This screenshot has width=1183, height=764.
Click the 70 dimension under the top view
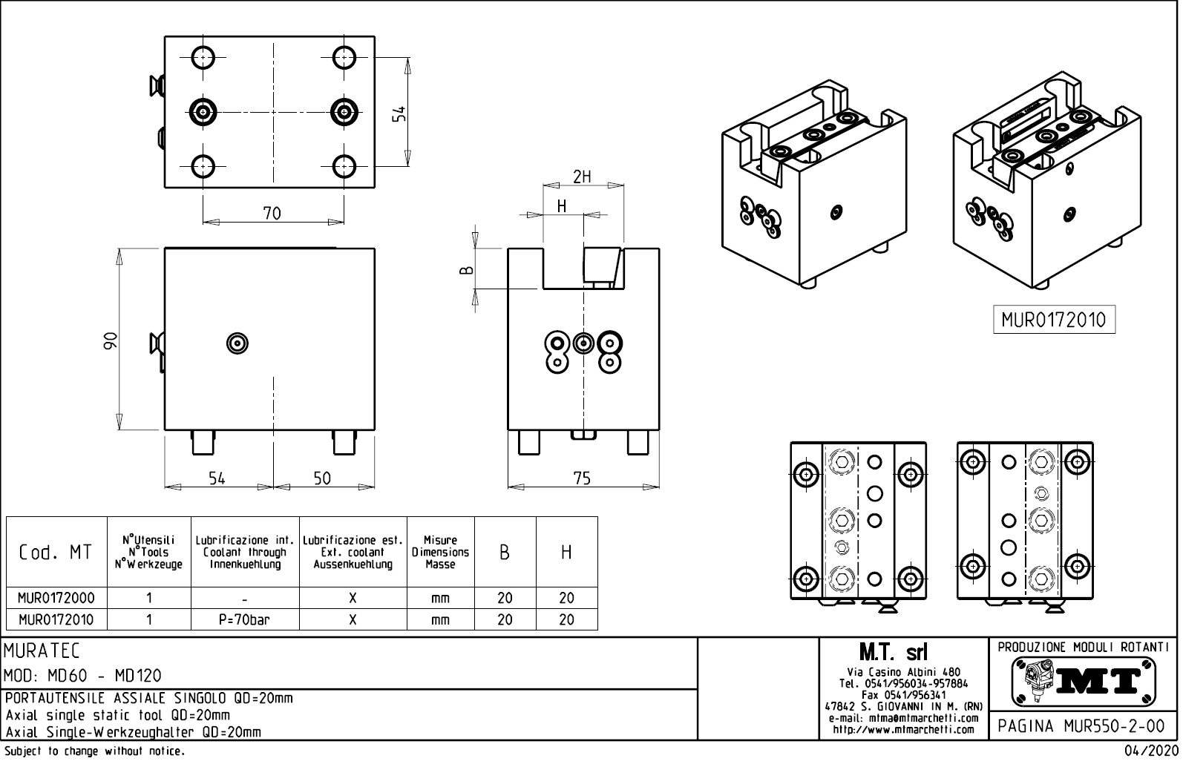[272, 214]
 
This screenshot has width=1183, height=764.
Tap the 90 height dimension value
[111, 340]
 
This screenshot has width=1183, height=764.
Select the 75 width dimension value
[582, 478]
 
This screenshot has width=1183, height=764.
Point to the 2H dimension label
[582, 177]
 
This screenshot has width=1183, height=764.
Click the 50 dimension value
[322, 478]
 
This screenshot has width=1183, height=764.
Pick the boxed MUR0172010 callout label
[1053, 320]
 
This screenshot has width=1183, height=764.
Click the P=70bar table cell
[245, 619]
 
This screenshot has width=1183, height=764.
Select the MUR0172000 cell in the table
[56, 598]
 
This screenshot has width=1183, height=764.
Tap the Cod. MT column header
[56, 553]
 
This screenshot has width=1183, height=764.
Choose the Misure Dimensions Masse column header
[440, 553]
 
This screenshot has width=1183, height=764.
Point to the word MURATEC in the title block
[42, 651]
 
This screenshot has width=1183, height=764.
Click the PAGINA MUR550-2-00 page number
[1081, 726]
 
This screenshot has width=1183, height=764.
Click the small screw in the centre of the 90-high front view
[237, 343]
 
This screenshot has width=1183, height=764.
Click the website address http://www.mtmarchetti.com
[902, 730]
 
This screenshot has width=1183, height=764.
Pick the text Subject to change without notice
[94, 752]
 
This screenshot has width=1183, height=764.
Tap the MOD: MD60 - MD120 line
[83, 676]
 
